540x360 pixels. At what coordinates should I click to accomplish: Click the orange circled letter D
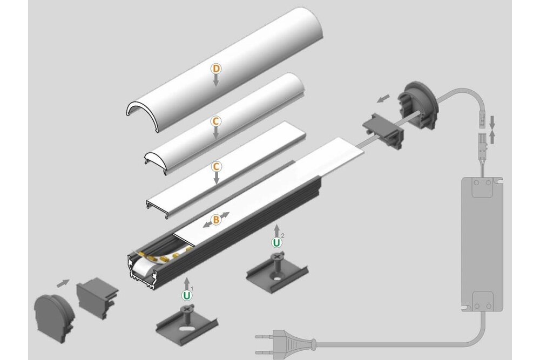[215, 69]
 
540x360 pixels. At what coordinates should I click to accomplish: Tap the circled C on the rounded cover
[215, 121]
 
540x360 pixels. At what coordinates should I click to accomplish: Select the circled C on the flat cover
[215, 166]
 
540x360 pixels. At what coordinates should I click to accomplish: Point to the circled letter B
[215, 220]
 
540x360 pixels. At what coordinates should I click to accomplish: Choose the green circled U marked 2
[276, 242]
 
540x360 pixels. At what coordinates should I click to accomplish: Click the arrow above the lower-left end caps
[63, 282]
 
